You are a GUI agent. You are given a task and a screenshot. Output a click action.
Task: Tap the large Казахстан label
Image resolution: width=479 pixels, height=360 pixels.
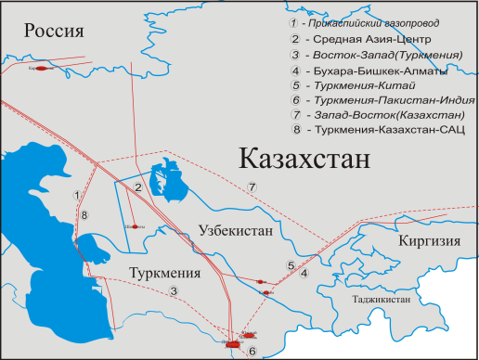304,159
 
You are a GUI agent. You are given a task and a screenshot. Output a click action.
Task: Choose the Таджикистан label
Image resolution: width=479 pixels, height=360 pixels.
381,301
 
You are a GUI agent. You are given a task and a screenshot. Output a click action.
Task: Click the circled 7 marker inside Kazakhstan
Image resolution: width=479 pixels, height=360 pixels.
252,186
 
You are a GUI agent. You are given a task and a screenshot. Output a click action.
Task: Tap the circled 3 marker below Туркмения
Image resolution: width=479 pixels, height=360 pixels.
174,292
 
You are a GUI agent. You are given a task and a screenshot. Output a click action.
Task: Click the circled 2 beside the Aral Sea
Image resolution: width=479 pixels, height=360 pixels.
137,188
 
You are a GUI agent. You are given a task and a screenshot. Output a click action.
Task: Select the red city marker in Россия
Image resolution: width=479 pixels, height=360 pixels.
41,68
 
